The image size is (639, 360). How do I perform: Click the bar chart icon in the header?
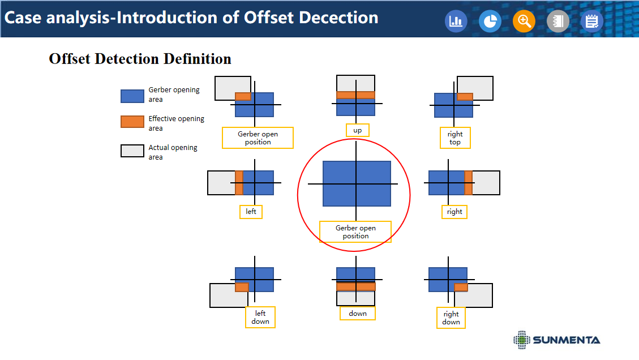[x=456, y=21]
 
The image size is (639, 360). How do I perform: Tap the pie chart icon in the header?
[x=490, y=21]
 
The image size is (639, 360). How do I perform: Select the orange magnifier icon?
[x=524, y=21]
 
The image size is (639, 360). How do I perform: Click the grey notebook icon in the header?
[x=558, y=21]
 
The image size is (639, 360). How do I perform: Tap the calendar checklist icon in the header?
[x=591, y=21]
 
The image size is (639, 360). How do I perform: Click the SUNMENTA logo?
[x=557, y=340]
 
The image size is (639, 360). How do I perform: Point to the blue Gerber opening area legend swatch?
[x=132, y=96]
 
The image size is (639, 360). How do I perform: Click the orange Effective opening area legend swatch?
[x=132, y=122]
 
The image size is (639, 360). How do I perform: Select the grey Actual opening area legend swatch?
[x=132, y=151]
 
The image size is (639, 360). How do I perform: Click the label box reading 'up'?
[x=357, y=130]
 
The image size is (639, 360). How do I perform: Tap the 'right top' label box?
[x=455, y=138]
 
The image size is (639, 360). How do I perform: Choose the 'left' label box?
[x=251, y=212]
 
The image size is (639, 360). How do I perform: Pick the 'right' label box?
[x=454, y=212]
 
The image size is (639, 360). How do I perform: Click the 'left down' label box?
[x=260, y=317]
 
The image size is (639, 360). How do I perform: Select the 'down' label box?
[x=358, y=314]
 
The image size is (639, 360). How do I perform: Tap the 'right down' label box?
[x=451, y=318]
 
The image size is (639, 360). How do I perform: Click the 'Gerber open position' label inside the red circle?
[x=355, y=232]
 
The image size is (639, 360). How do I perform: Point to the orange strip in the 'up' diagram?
[x=356, y=95]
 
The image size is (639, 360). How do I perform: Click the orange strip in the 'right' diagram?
[x=469, y=183]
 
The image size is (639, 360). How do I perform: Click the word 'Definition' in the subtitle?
[x=197, y=59]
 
